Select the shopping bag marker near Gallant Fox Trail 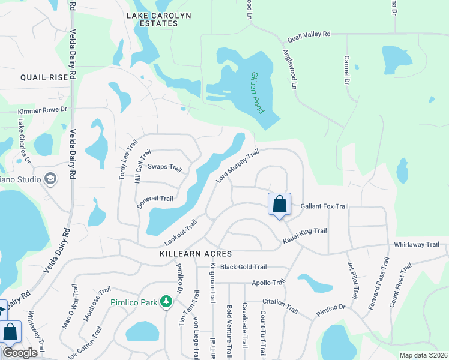click(x=280, y=205)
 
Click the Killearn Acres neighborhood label click(x=196, y=254)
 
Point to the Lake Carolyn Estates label click(x=153, y=19)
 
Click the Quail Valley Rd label click(x=309, y=35)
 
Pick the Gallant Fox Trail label click(x=324, y=206)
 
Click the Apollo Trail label click(x=268, y=282)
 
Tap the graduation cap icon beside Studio click(x=50, y=179)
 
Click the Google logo click(x=20, y=353)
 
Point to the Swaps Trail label click(x=164, y=167)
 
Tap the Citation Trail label click(x=280, y=305)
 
